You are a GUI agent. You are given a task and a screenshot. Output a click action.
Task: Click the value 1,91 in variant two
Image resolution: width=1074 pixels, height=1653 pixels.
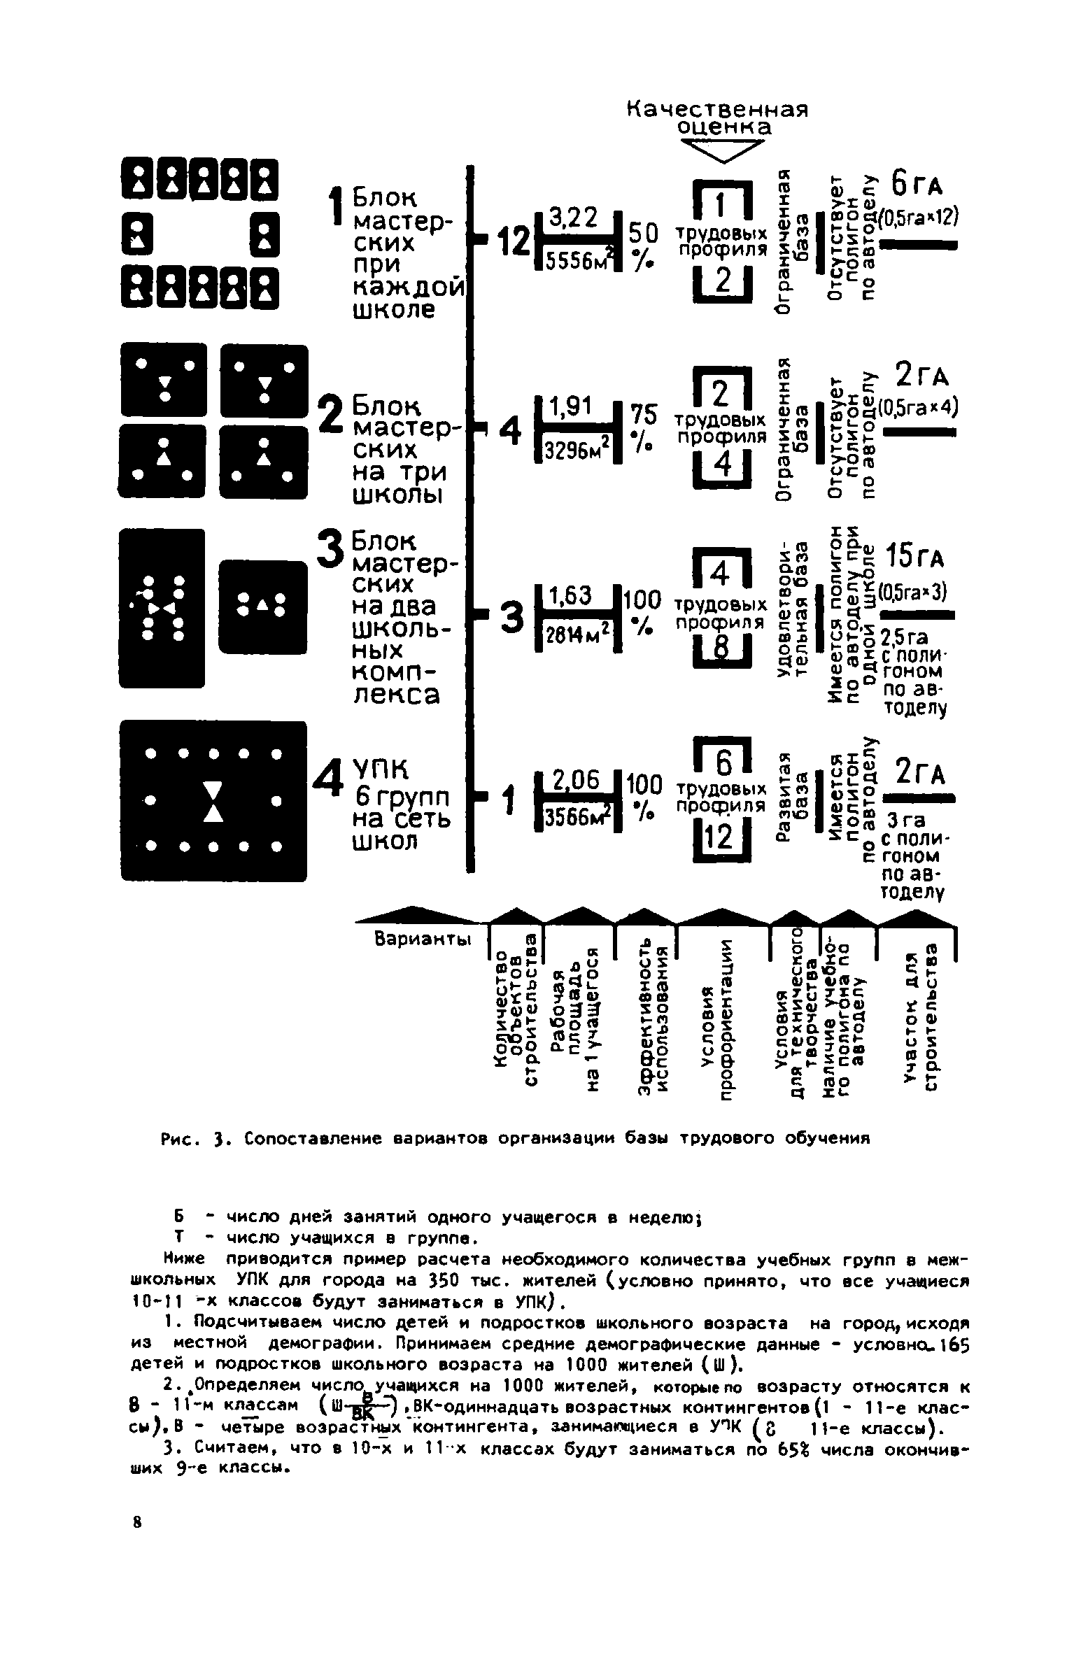click(571, 406)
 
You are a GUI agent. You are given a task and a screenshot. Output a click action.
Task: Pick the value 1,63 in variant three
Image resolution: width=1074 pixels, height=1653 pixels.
click(572, 596)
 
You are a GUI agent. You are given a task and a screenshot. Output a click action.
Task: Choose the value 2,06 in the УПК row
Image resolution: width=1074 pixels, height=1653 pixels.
click(576, 780)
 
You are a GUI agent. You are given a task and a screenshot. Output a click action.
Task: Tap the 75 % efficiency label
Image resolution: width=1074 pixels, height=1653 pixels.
click(644, 428)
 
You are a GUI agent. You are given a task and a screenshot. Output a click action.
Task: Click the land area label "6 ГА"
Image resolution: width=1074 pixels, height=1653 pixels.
click(917, 185)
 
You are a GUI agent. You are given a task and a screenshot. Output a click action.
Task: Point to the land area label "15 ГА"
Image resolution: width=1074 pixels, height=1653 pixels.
click(915, 558)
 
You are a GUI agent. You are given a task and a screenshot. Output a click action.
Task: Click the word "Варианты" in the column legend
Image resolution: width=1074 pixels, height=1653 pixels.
click(422, 939)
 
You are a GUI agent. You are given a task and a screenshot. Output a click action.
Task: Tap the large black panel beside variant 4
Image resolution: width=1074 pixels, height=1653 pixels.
click(213, 800)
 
